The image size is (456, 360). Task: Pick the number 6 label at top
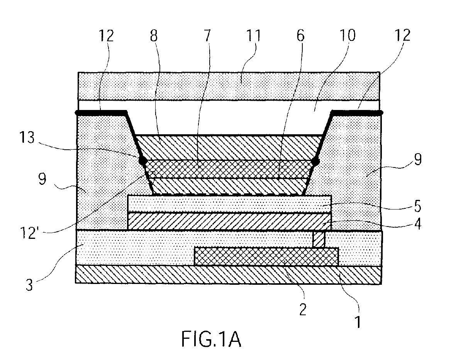click(300, 37)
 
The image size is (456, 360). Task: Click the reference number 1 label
click(359, 321)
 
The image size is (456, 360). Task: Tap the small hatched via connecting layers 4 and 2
click(319, 239)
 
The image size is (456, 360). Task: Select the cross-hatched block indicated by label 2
click(266, 256)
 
